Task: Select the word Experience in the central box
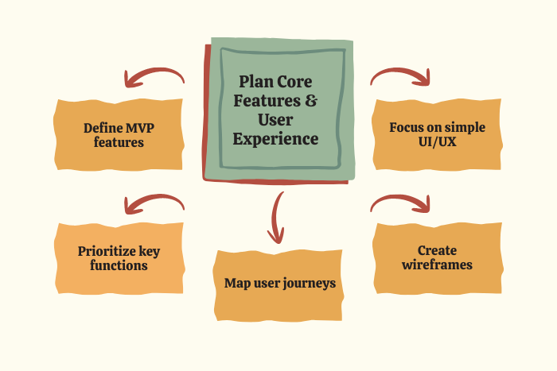click(277, 139)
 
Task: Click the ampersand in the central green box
click(311, 102)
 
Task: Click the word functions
click(119, 266)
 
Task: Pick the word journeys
click(306, 284)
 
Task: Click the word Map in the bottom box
click(238, 284)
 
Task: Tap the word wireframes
click(436, 265)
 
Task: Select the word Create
click(436, 250)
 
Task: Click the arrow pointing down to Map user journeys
click(276, 218)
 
